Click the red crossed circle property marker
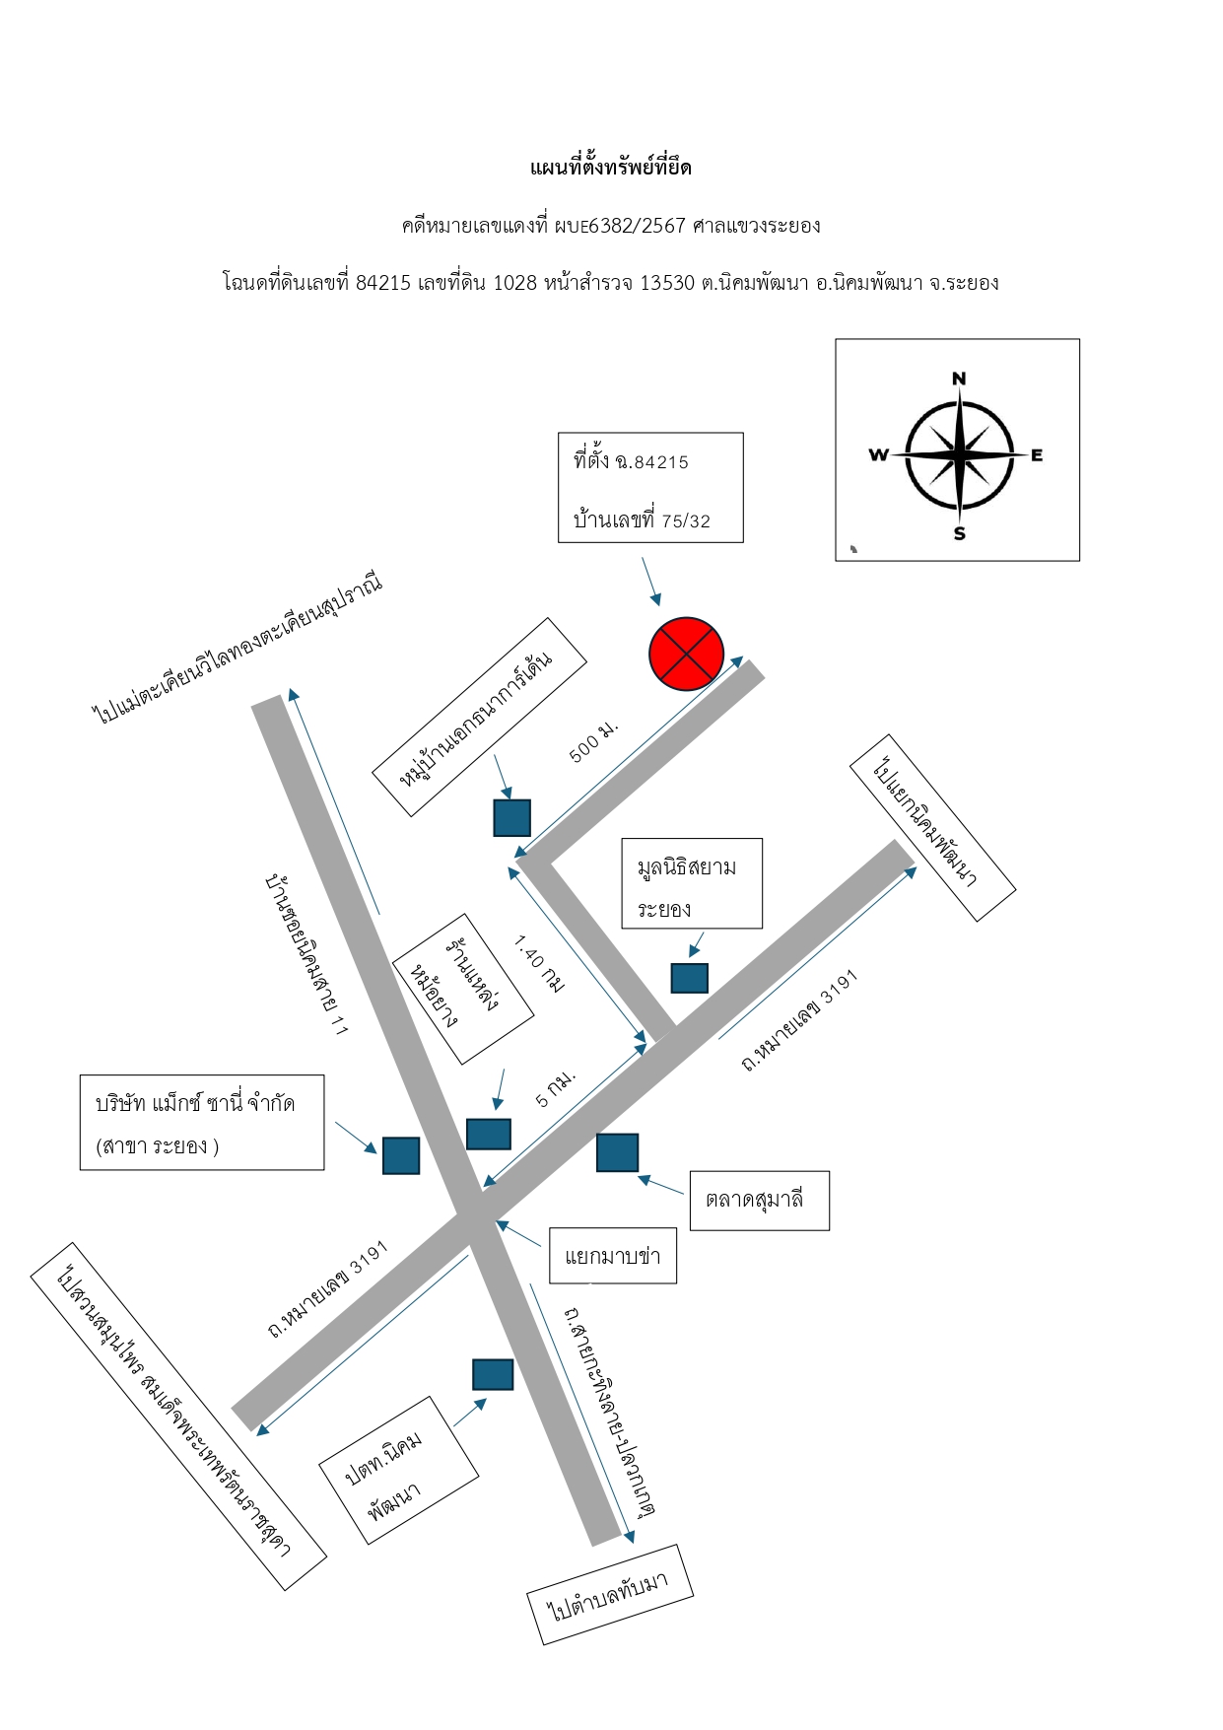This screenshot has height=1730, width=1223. point(686,654)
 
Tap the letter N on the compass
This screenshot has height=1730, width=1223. point(959,379)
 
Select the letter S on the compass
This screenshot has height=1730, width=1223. point(959,533)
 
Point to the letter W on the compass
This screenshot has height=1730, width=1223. point(878,454)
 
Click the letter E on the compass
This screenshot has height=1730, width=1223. point(1037,454)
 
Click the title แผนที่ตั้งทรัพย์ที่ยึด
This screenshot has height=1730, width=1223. point(611,168)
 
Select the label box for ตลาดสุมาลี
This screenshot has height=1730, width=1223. point(759,1201)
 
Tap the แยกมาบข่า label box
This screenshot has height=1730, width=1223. point(613,1256)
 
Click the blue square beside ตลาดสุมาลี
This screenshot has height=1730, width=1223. point(617,1152)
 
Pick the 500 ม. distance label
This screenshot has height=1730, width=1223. point(594,742)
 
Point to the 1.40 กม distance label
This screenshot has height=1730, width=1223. point(539,963)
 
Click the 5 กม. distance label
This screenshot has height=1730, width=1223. point(556,1087)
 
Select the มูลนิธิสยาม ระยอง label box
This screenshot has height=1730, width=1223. point(692,883)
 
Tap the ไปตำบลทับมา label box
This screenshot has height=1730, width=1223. point(610,1595)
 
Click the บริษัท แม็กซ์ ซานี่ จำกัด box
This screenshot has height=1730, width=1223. point(202,1123)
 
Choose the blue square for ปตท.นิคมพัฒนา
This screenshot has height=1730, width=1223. point(493,1374)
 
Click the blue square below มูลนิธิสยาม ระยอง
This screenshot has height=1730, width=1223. point(690,978)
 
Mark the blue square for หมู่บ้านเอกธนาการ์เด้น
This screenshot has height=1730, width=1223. point(512,818)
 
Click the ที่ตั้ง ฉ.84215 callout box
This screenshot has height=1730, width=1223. point(650,488)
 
